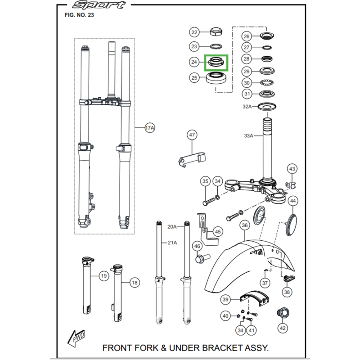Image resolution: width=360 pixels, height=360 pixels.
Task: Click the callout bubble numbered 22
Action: tap(194, 32)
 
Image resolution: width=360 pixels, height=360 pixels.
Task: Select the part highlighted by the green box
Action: tap(216, 63)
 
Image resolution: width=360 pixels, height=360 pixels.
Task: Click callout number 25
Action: tap(194, 78)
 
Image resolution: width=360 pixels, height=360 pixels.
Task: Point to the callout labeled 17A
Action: tap(150, 128)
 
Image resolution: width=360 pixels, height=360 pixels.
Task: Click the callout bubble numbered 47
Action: tap(192, 135)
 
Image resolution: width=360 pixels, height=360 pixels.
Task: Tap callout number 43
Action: tap(292, 169)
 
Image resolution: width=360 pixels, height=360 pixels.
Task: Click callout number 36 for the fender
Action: tap(244, 225)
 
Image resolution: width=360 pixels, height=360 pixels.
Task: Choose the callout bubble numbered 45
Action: tap(218, 232)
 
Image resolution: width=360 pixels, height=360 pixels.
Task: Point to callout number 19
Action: tap(103, 275)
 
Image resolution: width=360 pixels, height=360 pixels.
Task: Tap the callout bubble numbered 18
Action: tap(134, 283)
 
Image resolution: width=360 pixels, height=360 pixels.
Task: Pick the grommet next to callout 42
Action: tap(283, 312)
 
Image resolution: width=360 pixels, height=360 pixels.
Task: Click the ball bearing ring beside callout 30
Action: tap(268, 83)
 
